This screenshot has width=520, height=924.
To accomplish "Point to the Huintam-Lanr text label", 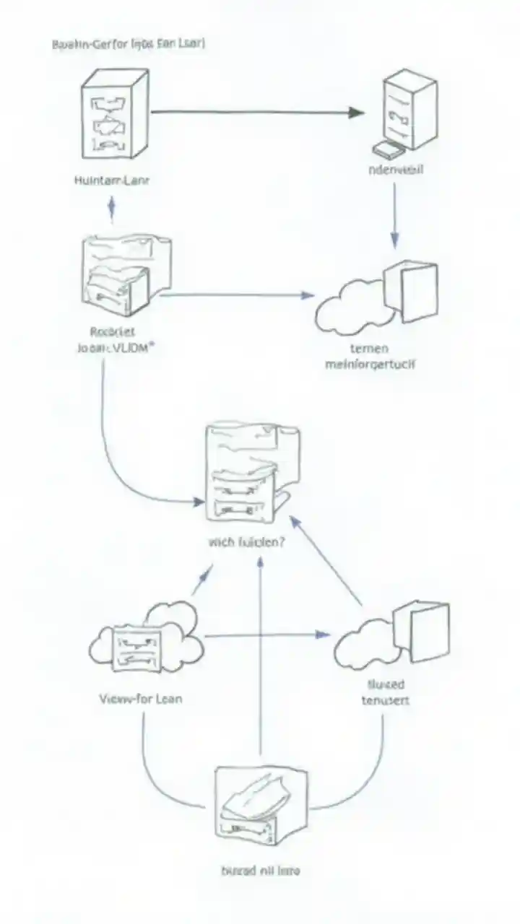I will [112, 181].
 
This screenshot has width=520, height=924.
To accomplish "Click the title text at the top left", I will [129, 44].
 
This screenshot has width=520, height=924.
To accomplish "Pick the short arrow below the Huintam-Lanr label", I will [111, 209].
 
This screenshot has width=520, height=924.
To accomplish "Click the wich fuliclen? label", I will [245, 541].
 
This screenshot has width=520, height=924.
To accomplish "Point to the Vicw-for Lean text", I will [140, 699].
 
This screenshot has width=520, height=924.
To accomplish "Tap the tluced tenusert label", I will [383, 692].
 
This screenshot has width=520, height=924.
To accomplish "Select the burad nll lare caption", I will [259, 871].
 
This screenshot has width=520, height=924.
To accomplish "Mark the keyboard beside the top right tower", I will [387, 149].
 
